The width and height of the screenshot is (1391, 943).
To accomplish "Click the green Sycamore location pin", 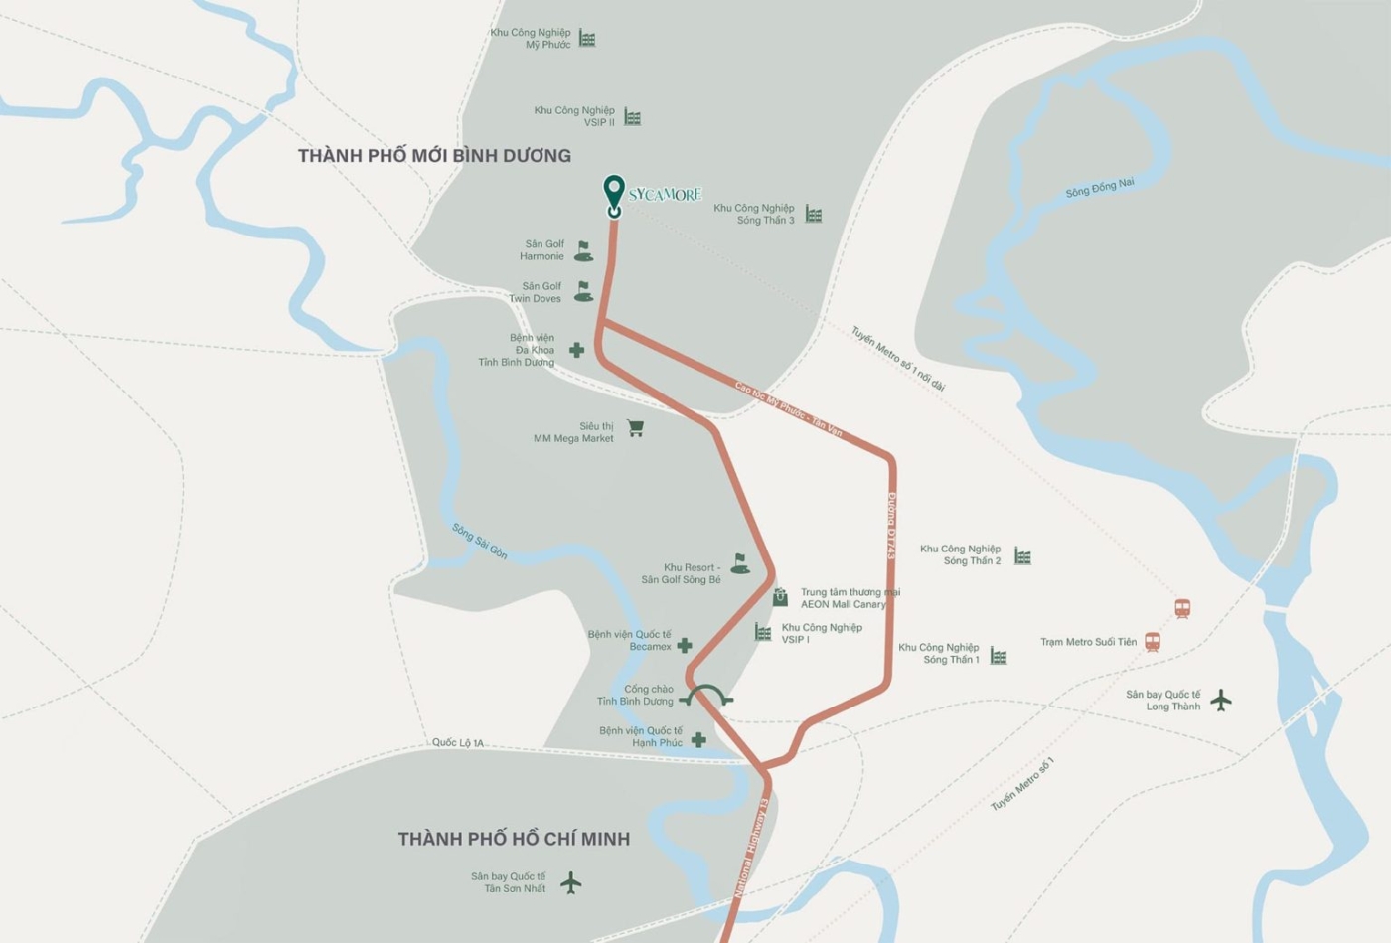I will coord(614,193).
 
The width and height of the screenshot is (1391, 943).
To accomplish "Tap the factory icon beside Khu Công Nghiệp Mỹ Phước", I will coord(587,39).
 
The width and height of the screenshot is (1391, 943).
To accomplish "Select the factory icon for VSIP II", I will coord(632,117).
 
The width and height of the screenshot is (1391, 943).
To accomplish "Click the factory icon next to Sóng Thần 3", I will coord(814,215).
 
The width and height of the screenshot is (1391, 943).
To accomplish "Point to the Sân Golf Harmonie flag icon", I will coord(583,251).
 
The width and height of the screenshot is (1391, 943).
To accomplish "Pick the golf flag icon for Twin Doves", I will coord(583,292).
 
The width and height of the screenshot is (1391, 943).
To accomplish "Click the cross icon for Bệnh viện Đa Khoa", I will coord(576,350).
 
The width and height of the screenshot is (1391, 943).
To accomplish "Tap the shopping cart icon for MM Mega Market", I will coord(635,428).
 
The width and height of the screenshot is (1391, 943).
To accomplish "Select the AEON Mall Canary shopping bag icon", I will coord(780,597).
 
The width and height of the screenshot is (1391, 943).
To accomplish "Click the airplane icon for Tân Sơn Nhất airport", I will coord(570,882).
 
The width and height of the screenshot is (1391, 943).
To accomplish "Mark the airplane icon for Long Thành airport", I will coord(1221,701).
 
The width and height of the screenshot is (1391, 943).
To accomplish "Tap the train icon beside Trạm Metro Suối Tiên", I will coord(1153,642).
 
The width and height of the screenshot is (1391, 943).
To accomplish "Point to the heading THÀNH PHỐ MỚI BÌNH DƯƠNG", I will coord(434,156).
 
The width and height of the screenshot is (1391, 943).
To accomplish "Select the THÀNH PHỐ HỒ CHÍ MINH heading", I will coord(514,839).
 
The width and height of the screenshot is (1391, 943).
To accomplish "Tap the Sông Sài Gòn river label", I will coord(480,542).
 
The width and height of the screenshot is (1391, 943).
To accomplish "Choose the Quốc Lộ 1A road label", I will coord(458,743).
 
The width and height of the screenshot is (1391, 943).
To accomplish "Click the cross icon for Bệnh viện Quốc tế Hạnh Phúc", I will coord(698,739).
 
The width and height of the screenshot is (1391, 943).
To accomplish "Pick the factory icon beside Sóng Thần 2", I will coord(1022,556).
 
